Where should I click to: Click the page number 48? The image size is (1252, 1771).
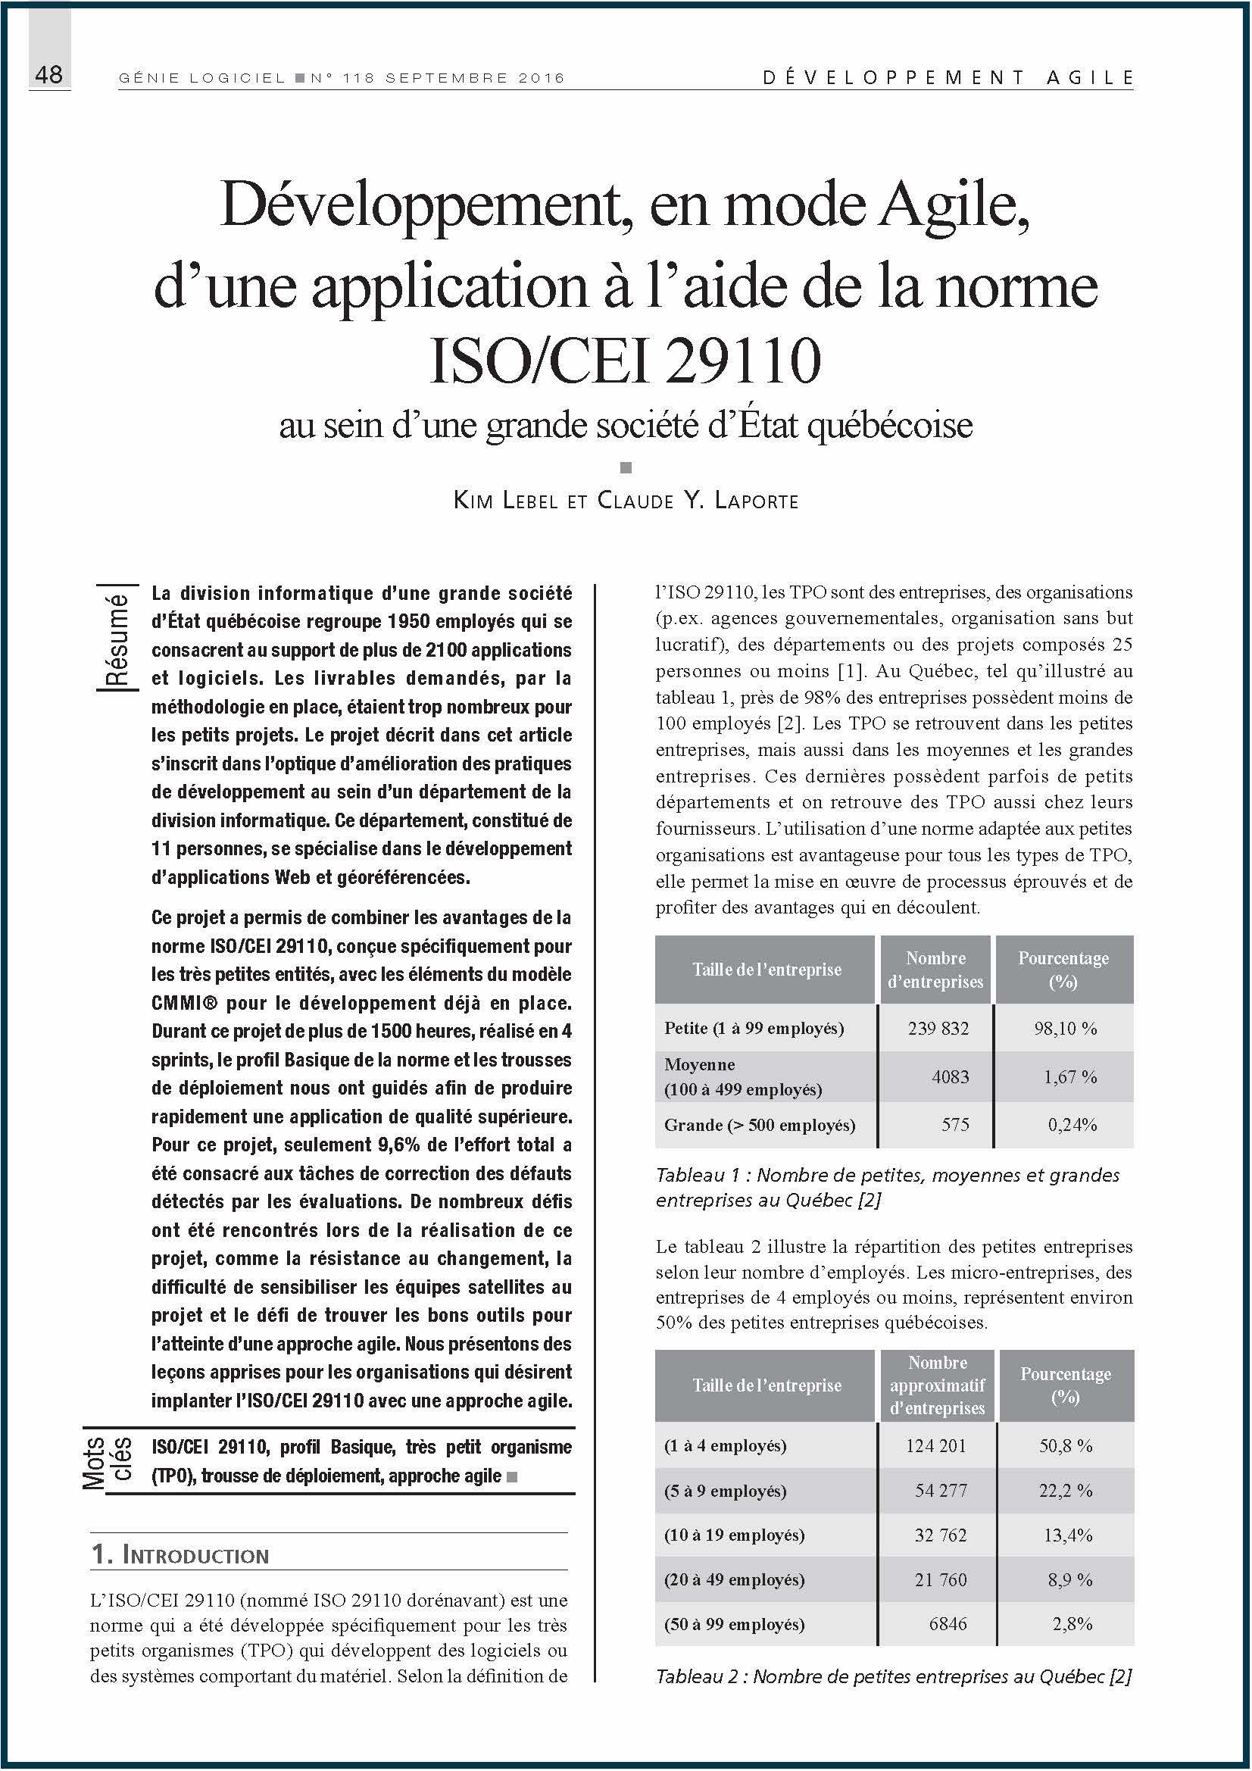coord(48,75)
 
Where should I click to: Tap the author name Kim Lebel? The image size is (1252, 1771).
coord(506,501)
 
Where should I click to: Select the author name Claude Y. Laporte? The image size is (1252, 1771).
coord(698,501)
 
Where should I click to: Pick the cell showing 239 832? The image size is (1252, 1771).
coord(938,1028)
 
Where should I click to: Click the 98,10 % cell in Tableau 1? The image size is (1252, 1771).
coord(1066,1028)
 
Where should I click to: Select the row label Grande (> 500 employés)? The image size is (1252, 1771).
coord(759,1125)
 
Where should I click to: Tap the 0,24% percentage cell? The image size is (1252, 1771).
coord(1072,1125)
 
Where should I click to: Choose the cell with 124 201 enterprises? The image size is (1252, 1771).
coord(935,1445)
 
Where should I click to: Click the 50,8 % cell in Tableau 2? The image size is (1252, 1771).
coord(1066,1445)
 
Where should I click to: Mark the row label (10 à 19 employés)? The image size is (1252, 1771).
coord(734,1535)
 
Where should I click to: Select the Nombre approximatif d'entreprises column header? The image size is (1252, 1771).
coord(937,1385)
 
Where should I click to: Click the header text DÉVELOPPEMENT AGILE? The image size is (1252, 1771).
coord(948,77)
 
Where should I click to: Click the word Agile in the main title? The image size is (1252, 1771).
coord(955,206)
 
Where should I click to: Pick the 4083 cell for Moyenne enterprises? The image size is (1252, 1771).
coord(950,1077)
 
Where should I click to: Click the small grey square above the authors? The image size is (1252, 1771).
coord(626,467)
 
